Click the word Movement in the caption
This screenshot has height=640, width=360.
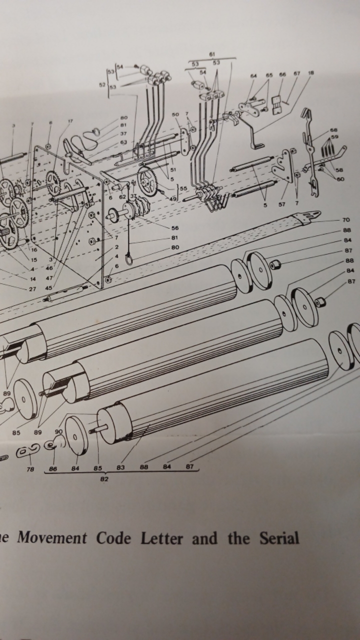tap(52, 538)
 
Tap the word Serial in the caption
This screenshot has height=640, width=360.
tap(279, 538)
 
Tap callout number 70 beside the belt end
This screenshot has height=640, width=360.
tap(346, 220)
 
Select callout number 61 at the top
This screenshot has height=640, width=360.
tap(212, 53)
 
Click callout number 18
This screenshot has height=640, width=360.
tap(311, 73)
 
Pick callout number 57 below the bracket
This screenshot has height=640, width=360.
tap(282, 204)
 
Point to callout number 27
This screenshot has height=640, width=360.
tap(32, 288)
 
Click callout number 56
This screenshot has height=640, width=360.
tap(174, 227)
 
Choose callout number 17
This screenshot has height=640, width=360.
tap(70, 121)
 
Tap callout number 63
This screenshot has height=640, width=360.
tap(123, 142)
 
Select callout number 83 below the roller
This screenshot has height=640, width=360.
tap(120, 468)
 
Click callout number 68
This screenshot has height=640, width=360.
tap(333, 130)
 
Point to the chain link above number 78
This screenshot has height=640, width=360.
tap(24, 452)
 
